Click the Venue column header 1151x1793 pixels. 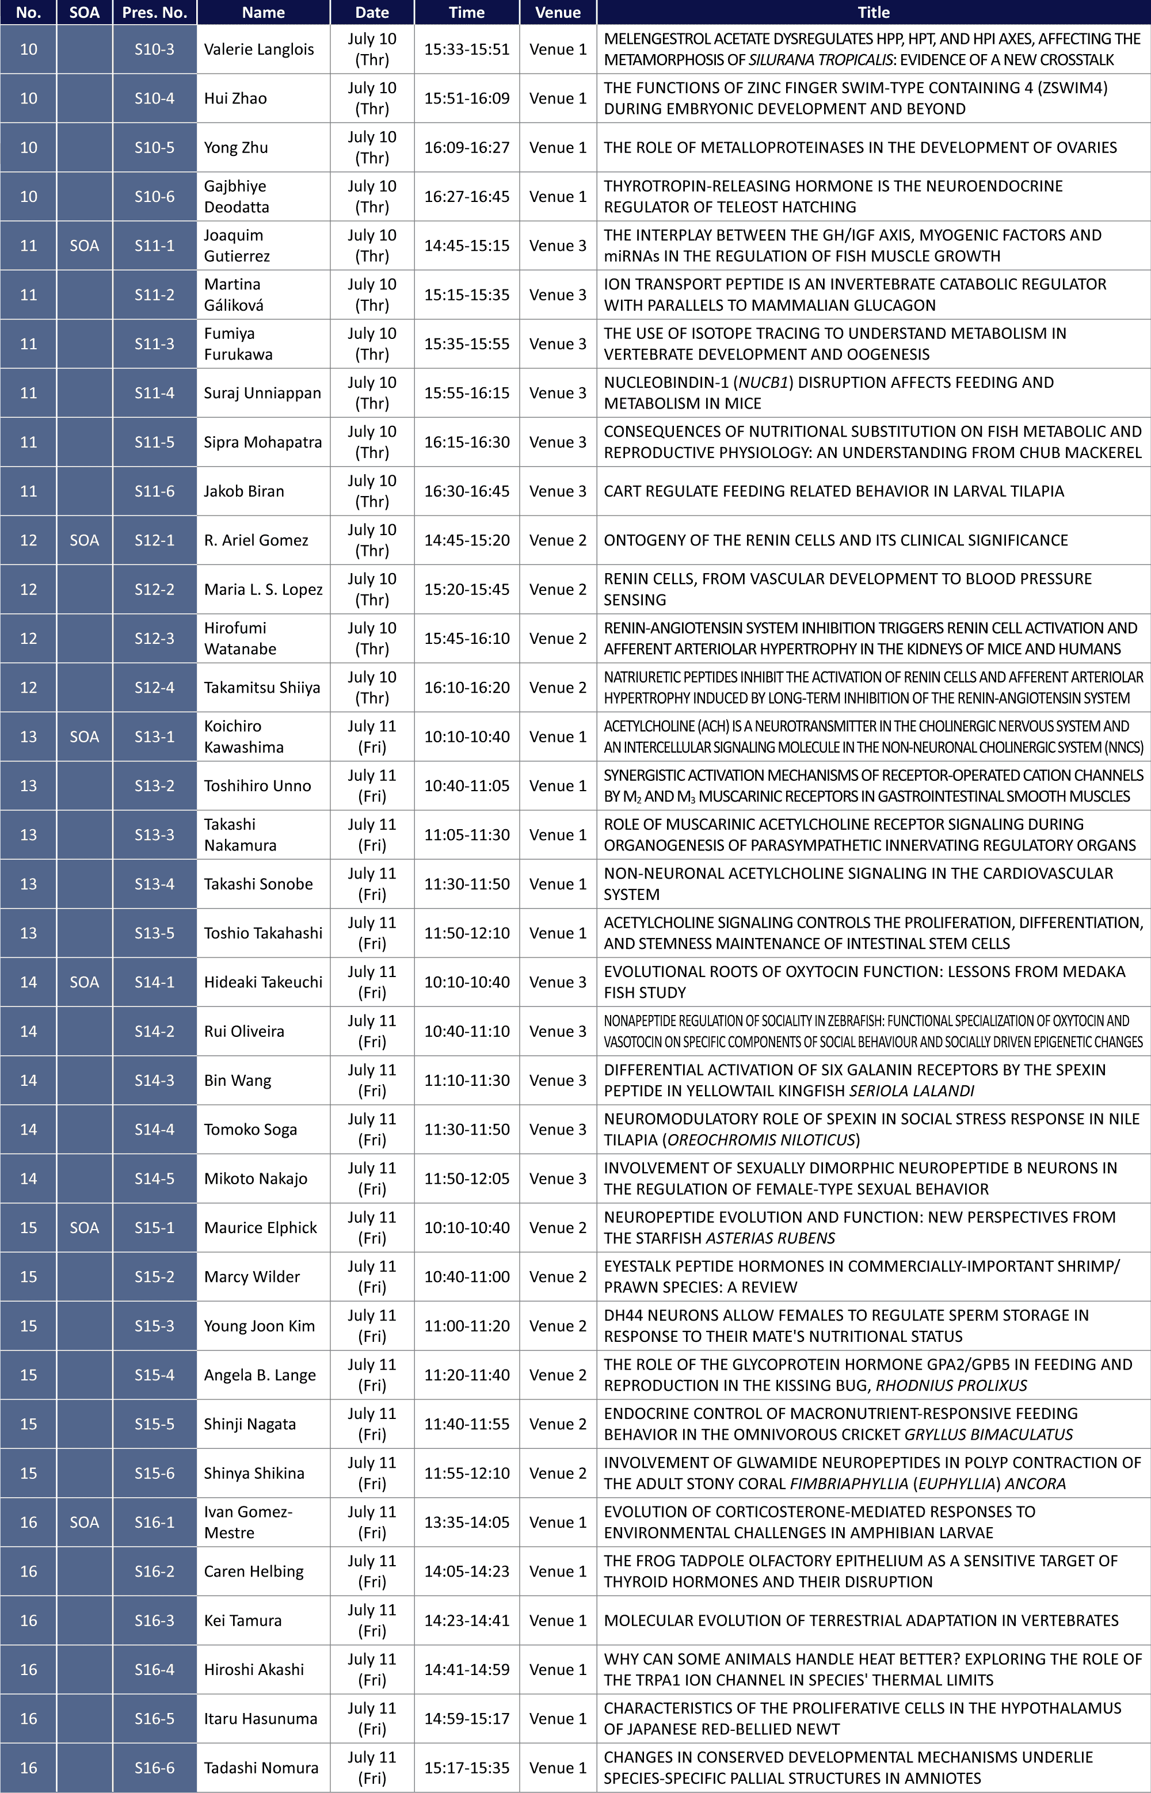(x=558, y=12)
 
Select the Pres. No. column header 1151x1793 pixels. (x=154, y=12)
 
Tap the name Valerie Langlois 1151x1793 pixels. (x=258, y=49)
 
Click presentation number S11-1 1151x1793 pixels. (x=154, y=245)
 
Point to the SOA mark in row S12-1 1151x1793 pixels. (x=83, y=540)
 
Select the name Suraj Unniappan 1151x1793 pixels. (x=262, y=393)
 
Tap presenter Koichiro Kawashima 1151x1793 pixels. (x=243, y=737)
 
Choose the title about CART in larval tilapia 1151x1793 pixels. (x=833, y=491)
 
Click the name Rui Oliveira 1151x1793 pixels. (x=243, y=1031)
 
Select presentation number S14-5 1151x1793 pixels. (x=154, y=1178)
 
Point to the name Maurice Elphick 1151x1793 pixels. (x=260, y=1227)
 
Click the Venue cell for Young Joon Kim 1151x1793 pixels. (x=558, y=1325)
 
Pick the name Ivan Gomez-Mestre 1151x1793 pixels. (x=248, y=1522)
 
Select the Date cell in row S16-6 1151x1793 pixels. (x=371, y=1768)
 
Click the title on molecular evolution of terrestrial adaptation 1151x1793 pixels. (x=861, y=1620)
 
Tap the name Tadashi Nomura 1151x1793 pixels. (x=261, y=1768)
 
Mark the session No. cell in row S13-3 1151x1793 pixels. (x=28, y=834)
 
